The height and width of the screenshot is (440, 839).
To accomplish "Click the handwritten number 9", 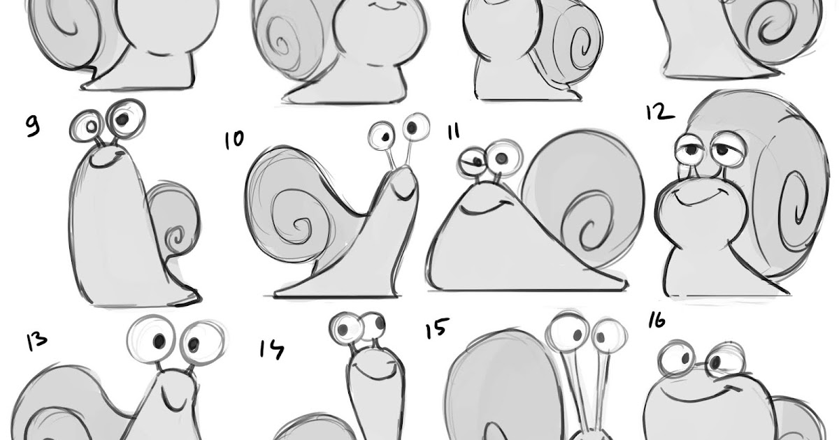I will [x=33, y=126].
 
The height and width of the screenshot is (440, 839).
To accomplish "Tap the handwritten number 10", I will [x=234, y=140].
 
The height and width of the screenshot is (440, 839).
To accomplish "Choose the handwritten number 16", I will [x=657, y=321].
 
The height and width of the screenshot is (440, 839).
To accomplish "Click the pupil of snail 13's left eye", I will [x=159, y=340].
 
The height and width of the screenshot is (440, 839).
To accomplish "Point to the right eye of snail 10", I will [x=416, y=127].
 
